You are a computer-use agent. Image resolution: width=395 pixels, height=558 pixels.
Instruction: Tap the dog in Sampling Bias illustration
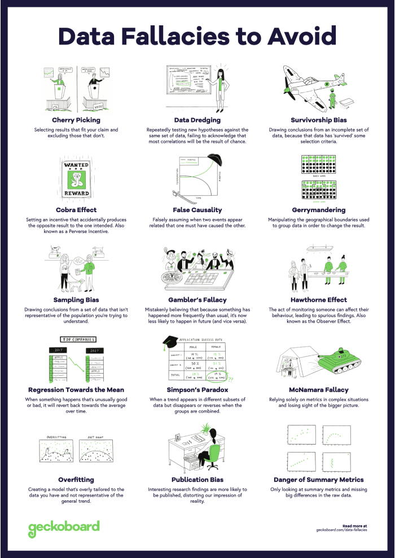[79, 283]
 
